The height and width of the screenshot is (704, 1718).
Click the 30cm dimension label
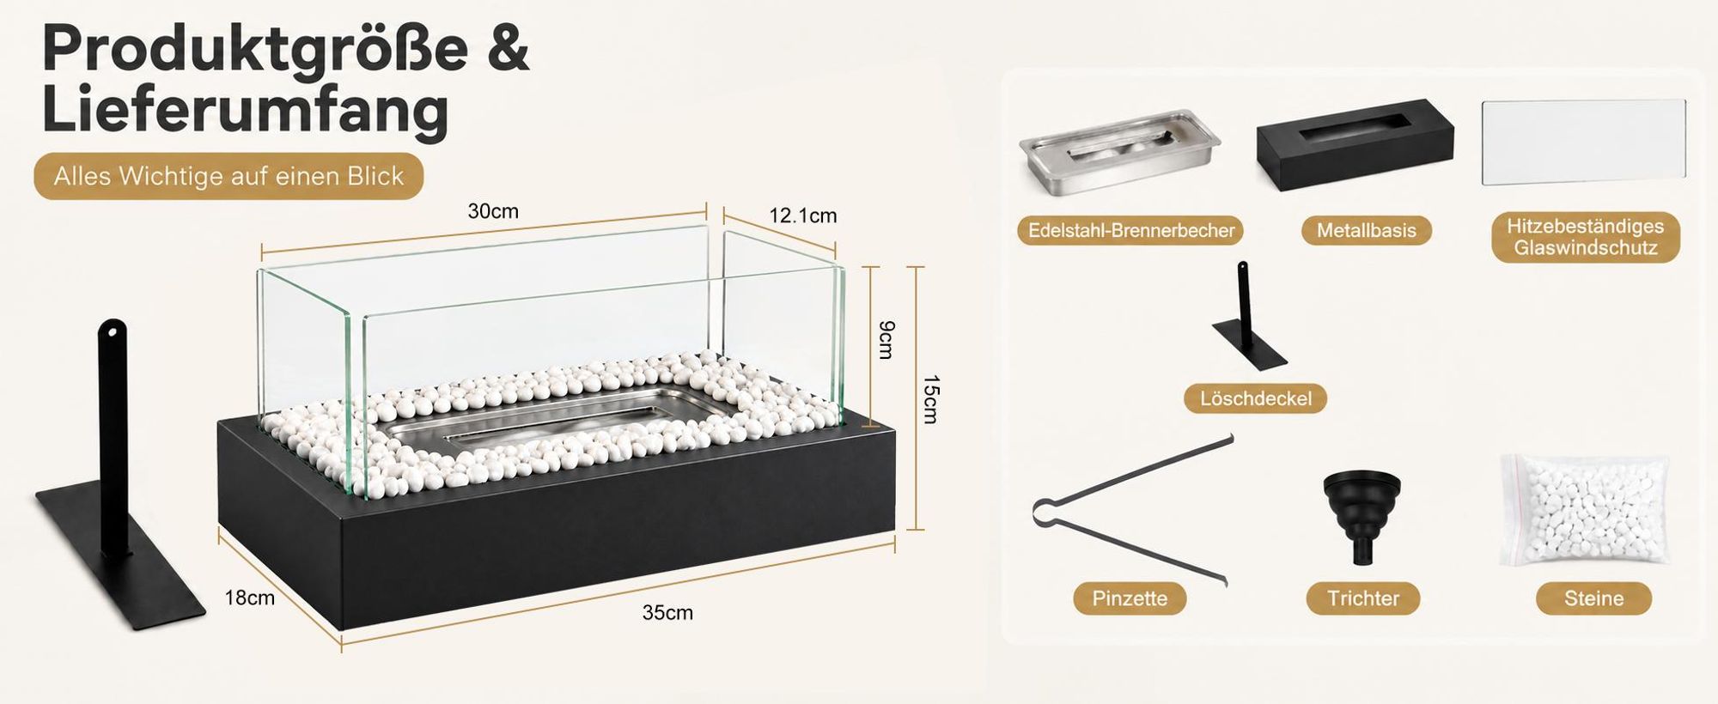click(493, 211)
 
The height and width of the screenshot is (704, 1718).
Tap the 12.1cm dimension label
click(802, 215)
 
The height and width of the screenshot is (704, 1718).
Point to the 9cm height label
click(887, 339)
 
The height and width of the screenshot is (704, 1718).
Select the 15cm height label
click(930, 399)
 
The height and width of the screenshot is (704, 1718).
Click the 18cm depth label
click(250, 598)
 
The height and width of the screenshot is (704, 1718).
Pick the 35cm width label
click(667, 613)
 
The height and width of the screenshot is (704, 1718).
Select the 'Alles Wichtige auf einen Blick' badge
click(228, 176)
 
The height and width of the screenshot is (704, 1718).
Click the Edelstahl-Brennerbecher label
click(1131, 230)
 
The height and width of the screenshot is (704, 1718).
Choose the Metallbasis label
click(1366, 230)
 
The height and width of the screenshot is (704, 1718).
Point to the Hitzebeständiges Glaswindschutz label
click(1585, 237)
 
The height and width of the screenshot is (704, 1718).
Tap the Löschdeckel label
click(1255, 398)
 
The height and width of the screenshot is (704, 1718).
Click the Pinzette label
click(1130, 598)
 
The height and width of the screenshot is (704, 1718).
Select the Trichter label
click(1363, 598)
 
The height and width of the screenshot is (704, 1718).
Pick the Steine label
click(1593, 598)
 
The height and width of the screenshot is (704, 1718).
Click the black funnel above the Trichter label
click(1362, 516)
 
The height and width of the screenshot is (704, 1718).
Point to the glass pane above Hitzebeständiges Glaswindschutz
click(1584, 142)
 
